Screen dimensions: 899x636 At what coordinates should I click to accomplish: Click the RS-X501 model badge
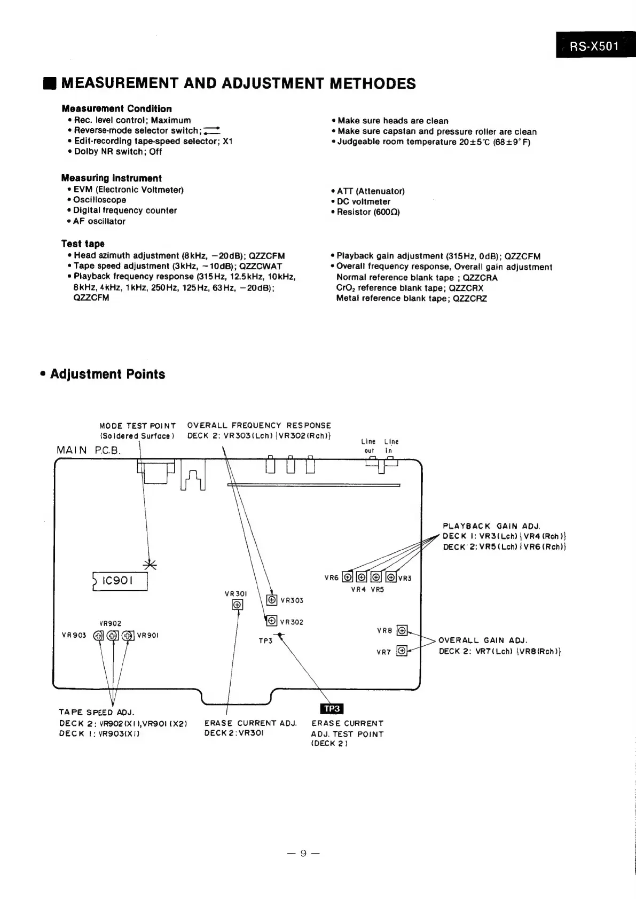[x=594, y=46]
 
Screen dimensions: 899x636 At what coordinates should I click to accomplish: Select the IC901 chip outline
[x=120, y=581]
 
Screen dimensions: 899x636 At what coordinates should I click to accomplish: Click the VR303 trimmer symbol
[x=272, y=600]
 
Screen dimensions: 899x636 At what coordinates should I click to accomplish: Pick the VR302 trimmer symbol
[x=272, y=621]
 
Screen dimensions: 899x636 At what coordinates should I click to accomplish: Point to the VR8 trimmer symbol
[x=402, y=630]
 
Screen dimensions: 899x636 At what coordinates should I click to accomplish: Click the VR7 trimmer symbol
[x=402, y=651]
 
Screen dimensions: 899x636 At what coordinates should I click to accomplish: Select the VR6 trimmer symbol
[x=348, y=577]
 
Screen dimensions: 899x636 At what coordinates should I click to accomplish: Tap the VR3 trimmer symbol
[x=391, y=577]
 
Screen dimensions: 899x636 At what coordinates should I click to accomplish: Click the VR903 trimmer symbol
[x=99, y=635]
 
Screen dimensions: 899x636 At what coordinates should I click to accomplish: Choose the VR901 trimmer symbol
[x=128, y=635]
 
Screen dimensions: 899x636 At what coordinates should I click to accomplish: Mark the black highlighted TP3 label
[x=332, y=708]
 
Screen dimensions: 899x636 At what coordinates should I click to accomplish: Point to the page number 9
[x=303, y=853]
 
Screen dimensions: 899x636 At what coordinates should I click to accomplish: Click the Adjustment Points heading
[x=107, y=374]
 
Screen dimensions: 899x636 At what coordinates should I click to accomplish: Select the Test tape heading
[x=83, y=244]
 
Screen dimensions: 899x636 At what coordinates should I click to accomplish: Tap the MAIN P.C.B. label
[x=89, y=450]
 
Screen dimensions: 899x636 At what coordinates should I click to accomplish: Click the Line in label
[x=391, y=446]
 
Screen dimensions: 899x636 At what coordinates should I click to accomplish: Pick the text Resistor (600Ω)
[x=368, y=212]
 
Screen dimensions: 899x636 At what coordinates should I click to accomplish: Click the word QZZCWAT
[x=261, y=266]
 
